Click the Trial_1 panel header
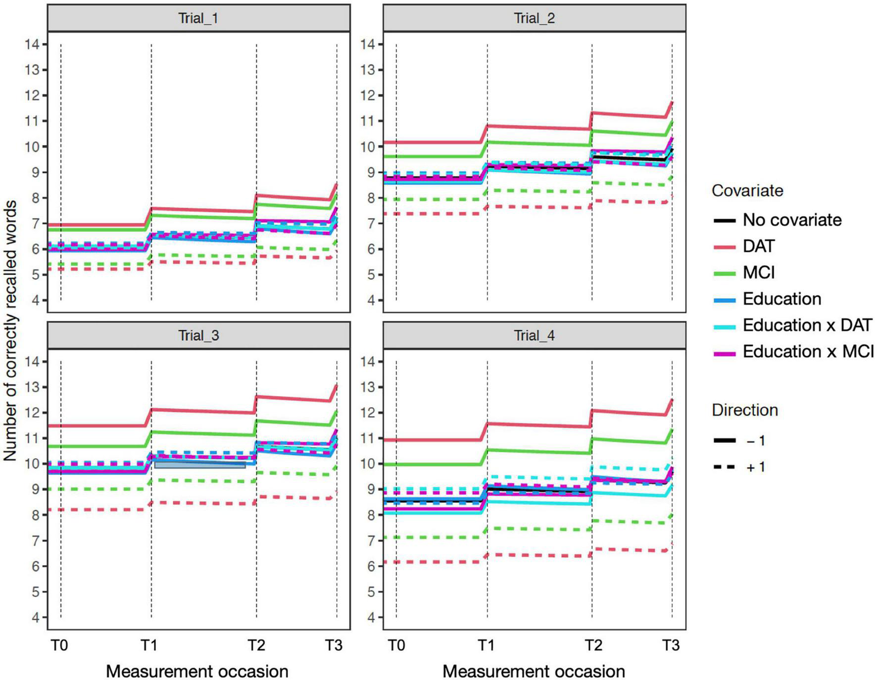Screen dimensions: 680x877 pos(198,18)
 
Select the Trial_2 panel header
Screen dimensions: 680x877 pos(534,18)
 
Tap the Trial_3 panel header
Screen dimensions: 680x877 pos(198,336)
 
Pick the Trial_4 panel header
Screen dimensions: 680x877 pos(534,336)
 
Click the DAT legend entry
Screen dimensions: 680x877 pos(758,246)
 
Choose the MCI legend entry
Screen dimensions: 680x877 pos(758,272)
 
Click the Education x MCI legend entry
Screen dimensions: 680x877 pos(807,351)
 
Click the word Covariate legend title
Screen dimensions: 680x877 pos(747,191)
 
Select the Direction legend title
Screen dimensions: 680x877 pos(744,410)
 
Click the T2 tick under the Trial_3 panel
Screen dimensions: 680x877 pos(256,645)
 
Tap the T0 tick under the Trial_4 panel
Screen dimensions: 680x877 pos(396,645)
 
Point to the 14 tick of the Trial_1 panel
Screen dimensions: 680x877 pos(32,44)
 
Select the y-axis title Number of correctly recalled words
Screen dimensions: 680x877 pos(10,331)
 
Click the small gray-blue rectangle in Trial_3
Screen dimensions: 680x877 pos(199,464)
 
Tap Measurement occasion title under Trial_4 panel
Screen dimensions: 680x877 pos(533,672)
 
